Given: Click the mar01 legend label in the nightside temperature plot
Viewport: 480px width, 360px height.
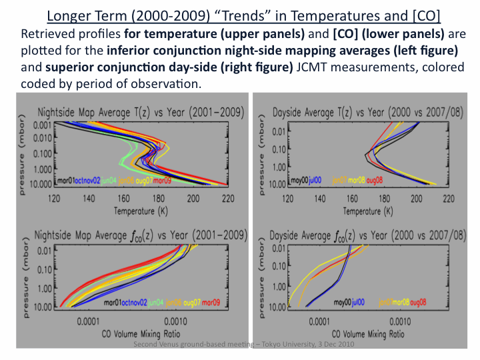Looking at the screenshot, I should coord(66,181).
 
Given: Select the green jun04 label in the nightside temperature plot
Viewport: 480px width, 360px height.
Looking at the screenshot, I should coord(109,181).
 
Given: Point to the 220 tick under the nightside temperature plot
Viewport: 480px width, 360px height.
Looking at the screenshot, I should coord(228,198).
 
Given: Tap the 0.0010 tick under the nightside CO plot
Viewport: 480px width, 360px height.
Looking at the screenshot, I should coord(175,321).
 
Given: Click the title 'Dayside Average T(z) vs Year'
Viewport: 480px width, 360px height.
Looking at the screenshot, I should coord(367,111).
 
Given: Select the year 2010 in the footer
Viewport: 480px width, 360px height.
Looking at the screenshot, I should coord(342,344).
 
